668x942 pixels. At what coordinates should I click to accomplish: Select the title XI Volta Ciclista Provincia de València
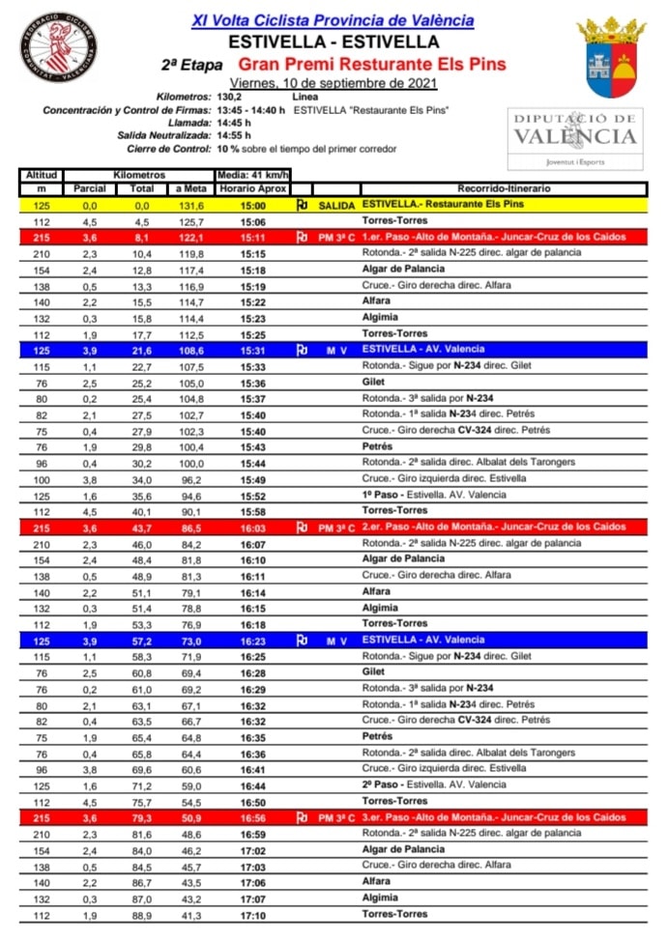point(334,20)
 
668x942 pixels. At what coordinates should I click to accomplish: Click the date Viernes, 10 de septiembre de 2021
point(334,83)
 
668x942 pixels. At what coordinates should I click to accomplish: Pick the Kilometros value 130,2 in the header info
point(229,98)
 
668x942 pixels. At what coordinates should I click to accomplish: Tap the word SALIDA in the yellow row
point(336,206)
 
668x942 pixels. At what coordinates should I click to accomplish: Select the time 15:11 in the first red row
point(252,237)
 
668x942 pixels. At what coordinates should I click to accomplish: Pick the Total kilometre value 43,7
point(142,528)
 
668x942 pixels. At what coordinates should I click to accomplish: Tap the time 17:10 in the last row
point(252,914)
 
